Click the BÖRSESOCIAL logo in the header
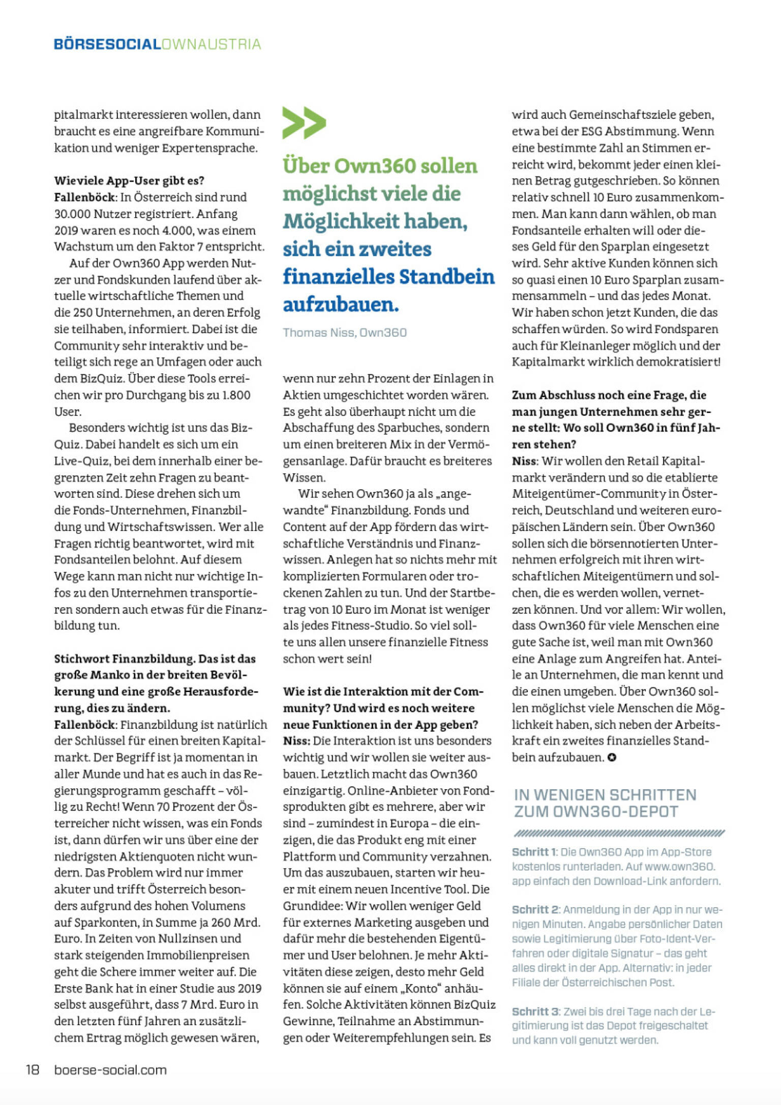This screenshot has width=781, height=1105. coord(107,44)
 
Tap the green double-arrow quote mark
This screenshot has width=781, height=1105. coord(304,123)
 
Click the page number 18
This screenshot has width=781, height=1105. coord(33,1070)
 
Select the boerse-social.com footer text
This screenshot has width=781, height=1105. coord(110,1070)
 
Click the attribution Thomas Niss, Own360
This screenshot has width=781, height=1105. coord(344,333)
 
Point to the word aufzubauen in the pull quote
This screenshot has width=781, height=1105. coord(341,305)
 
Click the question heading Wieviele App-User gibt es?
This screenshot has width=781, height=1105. coord(129,181)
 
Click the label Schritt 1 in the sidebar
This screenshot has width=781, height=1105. coord(534,852)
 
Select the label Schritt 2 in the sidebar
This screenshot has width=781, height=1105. coord(535,909)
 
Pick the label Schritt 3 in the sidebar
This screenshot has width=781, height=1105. coord(535,1011)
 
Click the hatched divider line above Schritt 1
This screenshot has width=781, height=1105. coord(618,833)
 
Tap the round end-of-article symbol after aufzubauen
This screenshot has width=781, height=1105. coord(612,758)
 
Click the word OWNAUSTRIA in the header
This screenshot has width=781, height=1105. coord(212,44)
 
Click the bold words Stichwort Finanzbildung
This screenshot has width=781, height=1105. coord(124,659)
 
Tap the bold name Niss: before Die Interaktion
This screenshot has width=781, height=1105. coord(296,741)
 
